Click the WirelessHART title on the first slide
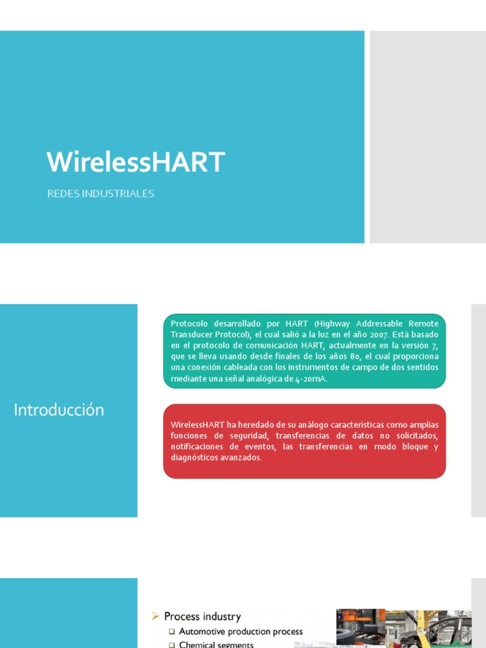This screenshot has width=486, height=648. pyautogui.click(x=135, y=162)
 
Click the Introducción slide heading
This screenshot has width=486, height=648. pyautogui.click(x=59, y=410)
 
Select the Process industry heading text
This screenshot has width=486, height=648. pyautogui.click(x=202, y=616)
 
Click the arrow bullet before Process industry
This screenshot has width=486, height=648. pyautogui.click(x=155, y=616)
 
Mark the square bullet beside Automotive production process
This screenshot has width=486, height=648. pyautogui.click(x=171, y=632)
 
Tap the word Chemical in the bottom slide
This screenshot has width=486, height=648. pyautogui.click(x=198, y=645)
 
